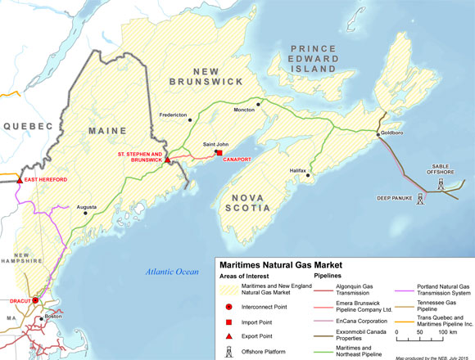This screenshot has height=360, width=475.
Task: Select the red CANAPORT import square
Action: click(x=219, y=152)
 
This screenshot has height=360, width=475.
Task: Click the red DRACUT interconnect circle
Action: click(x=34, y=301)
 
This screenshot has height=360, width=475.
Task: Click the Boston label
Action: click(x=54, y=317)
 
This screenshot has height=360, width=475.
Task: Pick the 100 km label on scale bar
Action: click(x=446, y=334)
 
